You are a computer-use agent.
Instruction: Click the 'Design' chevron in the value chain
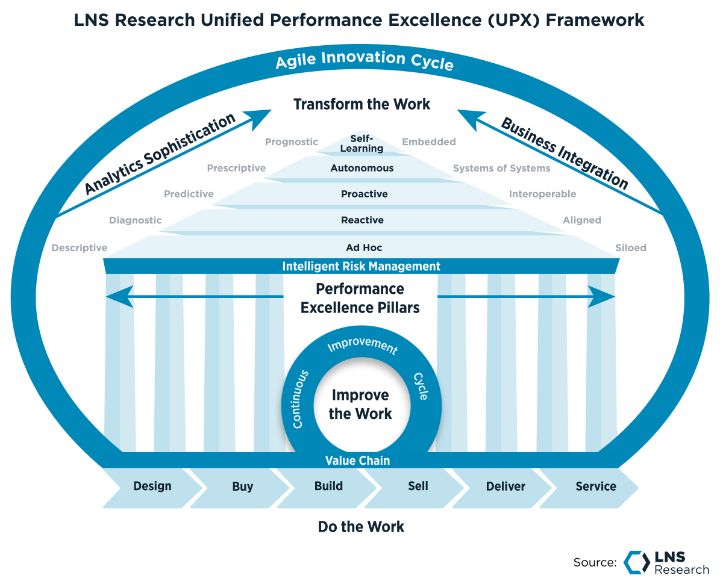(x=152, y=486)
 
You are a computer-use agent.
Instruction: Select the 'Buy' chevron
(x=242, y=486)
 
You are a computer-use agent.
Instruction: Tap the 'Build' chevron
(x=328, y=486)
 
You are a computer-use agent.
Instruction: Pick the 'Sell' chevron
(x=418, y=486)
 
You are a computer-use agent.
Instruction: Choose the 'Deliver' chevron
(x=505, y=486)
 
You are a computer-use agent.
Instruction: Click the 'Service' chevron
(x=595, y=486)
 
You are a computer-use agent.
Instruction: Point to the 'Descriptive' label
(x=80, y=248)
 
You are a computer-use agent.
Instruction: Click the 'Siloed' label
(x=630, y=248)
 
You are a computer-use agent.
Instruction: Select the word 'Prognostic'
(x=291, y=142)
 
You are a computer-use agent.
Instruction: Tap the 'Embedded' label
(x=428, y=142)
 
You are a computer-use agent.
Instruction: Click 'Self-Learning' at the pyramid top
(x=361, y=143)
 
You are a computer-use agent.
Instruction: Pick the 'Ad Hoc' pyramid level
(x=364, y=247)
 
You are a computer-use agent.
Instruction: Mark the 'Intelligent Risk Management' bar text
(x=361, y=266)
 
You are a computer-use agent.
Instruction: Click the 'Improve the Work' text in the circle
(x=361, y=405)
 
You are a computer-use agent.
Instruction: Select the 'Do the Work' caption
(x=361, y=527)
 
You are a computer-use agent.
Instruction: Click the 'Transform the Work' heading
(x=361, y=104)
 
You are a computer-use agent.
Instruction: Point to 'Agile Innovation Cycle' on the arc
(x=364, y=61)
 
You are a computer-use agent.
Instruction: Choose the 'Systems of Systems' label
(x=501, y=169)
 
